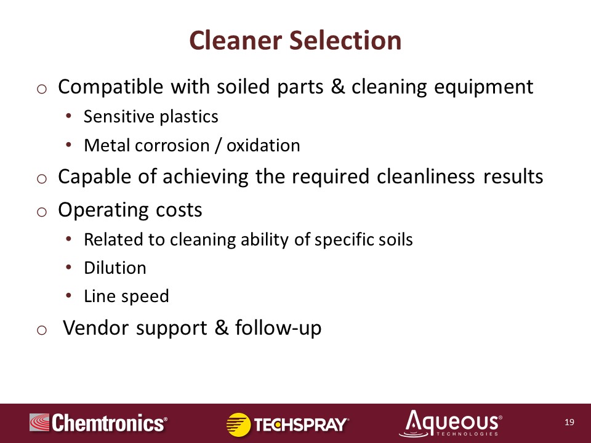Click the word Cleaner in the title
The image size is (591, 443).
tap(236, 41)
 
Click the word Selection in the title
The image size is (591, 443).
tap(345, 41)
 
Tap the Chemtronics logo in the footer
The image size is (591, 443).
tap(98, 423)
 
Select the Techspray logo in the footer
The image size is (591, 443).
tap(287, 425)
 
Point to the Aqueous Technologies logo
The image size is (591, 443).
tap(451, 423)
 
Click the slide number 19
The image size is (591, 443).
tap(569, 422)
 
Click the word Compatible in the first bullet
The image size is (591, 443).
tap(110, 87)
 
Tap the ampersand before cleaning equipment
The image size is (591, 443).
tap(338, 87)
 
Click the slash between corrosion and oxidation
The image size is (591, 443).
tap(217, 145)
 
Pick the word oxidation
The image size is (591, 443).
tap(263, 145)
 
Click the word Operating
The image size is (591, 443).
tap(103, 210)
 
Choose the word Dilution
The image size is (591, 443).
tap(115, 268)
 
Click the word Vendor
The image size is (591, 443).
tap(96, 328)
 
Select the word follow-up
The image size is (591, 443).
tap(278, 328)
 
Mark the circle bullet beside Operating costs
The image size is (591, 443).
tap(42, 212)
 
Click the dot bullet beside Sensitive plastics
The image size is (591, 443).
tap(68, 116)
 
